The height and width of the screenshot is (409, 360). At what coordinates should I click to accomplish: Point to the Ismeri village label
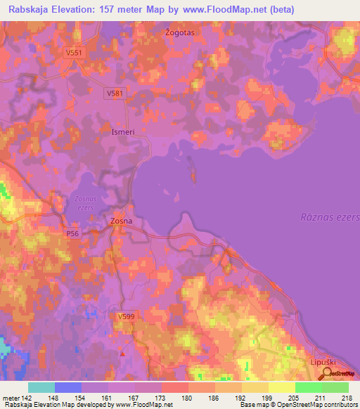pos(123,131)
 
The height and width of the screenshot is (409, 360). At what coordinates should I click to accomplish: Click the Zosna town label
pos(121,221)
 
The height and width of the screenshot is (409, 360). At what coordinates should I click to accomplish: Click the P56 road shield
pos(72,233)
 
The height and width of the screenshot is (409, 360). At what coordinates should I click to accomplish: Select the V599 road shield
pos(126,317)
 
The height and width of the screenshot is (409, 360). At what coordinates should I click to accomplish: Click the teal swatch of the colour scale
pos(41,387)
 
